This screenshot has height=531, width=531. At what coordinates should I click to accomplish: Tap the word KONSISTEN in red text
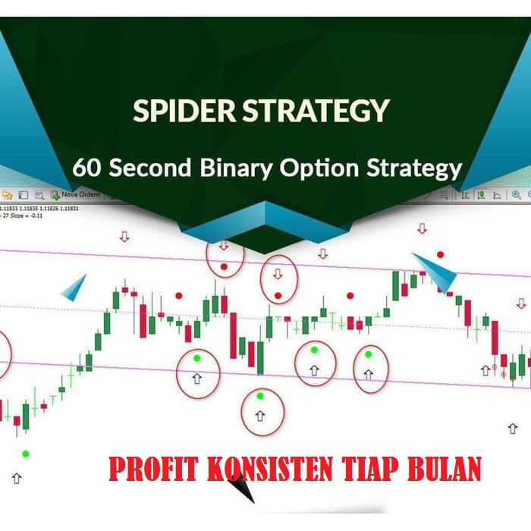[x=269, y=469]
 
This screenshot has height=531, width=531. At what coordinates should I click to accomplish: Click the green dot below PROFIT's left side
[x=26, y=454]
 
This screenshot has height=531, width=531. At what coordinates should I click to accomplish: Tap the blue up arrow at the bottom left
[x=17, y=479]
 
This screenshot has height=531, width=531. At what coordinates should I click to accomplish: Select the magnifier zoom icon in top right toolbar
[x=517, y=195]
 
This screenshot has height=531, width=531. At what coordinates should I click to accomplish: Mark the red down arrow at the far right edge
[x=522, y=303]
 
